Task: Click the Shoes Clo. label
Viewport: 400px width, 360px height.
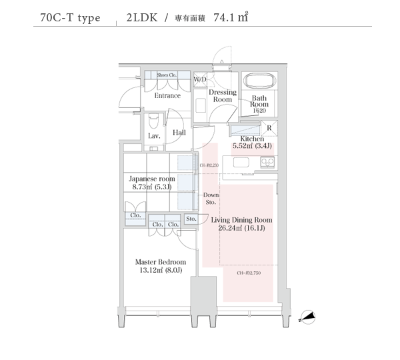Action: tap(167, 75)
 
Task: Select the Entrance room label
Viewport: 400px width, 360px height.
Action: tap(167, 95)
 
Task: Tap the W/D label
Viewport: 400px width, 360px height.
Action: tap(200, 79)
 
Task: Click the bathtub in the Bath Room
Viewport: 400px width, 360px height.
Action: tap(259, 81)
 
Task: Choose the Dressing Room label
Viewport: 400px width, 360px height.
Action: tap(223, 95)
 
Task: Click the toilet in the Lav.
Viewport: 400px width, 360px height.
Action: tap(154, 121)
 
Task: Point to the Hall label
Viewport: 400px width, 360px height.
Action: tap(179, 133)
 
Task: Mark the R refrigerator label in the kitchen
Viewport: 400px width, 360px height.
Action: tap(268, 127)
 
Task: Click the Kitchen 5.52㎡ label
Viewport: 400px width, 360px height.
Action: tap(252, 142)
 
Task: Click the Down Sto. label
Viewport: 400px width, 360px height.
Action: tap(211, 198)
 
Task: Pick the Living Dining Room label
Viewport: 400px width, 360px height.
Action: tap(241, 224)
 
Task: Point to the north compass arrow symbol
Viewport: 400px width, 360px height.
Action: tap(309, 317)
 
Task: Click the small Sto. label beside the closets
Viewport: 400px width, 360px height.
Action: tap(191, 219)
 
